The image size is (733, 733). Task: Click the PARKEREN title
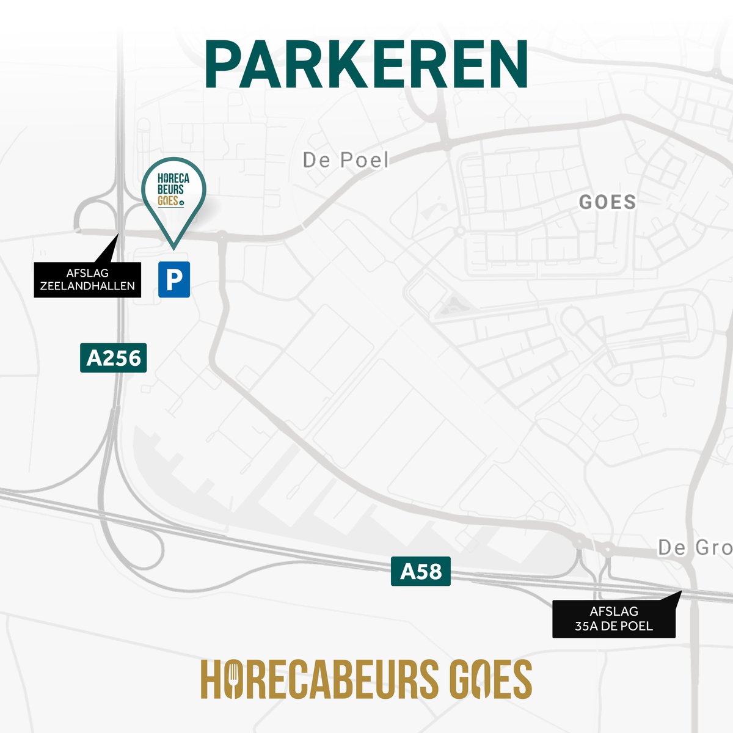366,65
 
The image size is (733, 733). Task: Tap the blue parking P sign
174,280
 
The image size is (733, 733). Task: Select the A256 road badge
114,358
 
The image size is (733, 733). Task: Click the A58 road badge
421,571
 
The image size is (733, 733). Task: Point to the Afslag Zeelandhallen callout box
87,280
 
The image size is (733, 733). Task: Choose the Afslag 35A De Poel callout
614,619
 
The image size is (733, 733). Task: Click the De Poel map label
346,160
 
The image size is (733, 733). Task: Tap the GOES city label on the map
607,202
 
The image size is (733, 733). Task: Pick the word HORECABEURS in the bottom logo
319,679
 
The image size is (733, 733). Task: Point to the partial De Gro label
695,548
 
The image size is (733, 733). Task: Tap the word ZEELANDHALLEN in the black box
87,286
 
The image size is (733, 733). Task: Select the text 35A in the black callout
586,626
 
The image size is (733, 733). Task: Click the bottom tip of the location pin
173,247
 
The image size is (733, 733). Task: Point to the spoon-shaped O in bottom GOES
480,679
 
